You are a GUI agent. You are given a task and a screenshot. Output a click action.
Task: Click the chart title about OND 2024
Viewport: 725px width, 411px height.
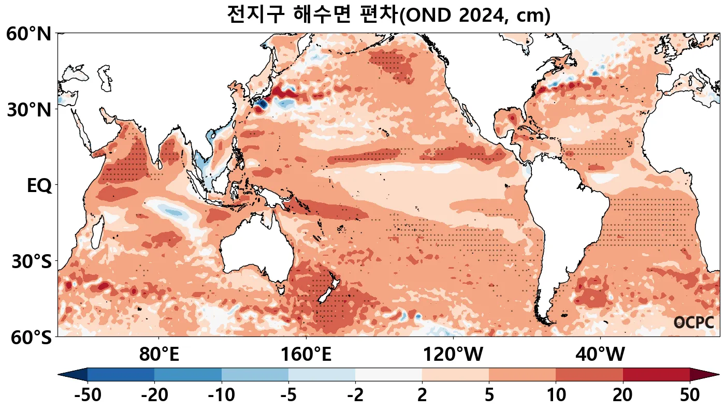pyautogui.click(x=388, y=15)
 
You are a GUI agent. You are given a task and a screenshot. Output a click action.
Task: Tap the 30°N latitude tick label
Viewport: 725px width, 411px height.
pyautogui.click(x=28, y=110)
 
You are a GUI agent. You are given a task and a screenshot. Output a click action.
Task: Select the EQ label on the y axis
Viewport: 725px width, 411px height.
pyautogui.click(x=39, y=186)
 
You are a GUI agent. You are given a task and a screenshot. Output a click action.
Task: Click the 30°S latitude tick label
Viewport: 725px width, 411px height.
pyautogui.click(x=31, y=261)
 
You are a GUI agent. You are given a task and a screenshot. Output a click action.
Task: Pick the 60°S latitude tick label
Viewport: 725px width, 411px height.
pyautogui.click(x=28, y=337)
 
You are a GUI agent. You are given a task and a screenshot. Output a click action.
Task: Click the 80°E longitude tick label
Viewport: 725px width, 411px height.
pyautogui.click(x=159, y=355)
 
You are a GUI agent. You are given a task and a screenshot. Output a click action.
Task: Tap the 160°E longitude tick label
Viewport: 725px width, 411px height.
pyautogui.click(x=306, y=355)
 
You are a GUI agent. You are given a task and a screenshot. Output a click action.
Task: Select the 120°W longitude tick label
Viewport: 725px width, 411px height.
pyautogui.click(x=453, y=355)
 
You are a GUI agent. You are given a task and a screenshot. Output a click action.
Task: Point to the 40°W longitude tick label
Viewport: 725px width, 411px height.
pyautogui.click(x=600, y=355)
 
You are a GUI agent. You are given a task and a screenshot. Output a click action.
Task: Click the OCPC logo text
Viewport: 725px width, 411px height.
pyautogui.click(x=694, y=322)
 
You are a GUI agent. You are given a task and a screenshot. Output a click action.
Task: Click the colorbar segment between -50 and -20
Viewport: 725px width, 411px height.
pyautogui.click(x=121, y=374)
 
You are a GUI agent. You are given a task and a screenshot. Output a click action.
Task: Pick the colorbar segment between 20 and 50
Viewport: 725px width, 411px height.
pyautogui.click(x=656, y=374)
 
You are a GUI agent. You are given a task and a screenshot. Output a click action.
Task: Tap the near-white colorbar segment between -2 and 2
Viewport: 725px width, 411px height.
pyautogui.click(x=388, y=374)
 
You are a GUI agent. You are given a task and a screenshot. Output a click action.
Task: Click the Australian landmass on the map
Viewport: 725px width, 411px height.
pyautogui.click(x=254, y=254)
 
